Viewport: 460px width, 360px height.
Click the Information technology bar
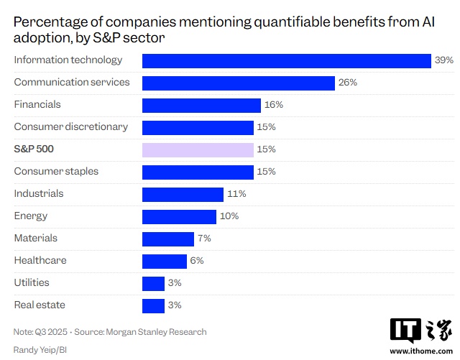(286, 60)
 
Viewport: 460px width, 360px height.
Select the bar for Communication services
(239, 83)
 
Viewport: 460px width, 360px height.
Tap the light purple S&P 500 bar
(198, 149)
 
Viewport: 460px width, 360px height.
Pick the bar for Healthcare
(165, 261)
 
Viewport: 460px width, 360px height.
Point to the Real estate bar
(153, 305)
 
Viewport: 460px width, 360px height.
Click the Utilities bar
(153, 283)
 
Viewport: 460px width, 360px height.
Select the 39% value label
(443, 60)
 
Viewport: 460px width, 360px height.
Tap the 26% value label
(348, 83)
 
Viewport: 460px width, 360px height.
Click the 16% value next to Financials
(274, 105)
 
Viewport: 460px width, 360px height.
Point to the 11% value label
(236, 194)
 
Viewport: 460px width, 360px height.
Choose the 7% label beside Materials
(205, 239)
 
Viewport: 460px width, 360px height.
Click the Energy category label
(31, 216)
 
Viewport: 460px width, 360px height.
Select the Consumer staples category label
(56, 171)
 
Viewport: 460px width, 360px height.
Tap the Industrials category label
(39, 193)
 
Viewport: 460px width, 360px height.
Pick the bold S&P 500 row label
(34, 149)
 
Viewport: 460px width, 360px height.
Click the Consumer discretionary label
(71, 126)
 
